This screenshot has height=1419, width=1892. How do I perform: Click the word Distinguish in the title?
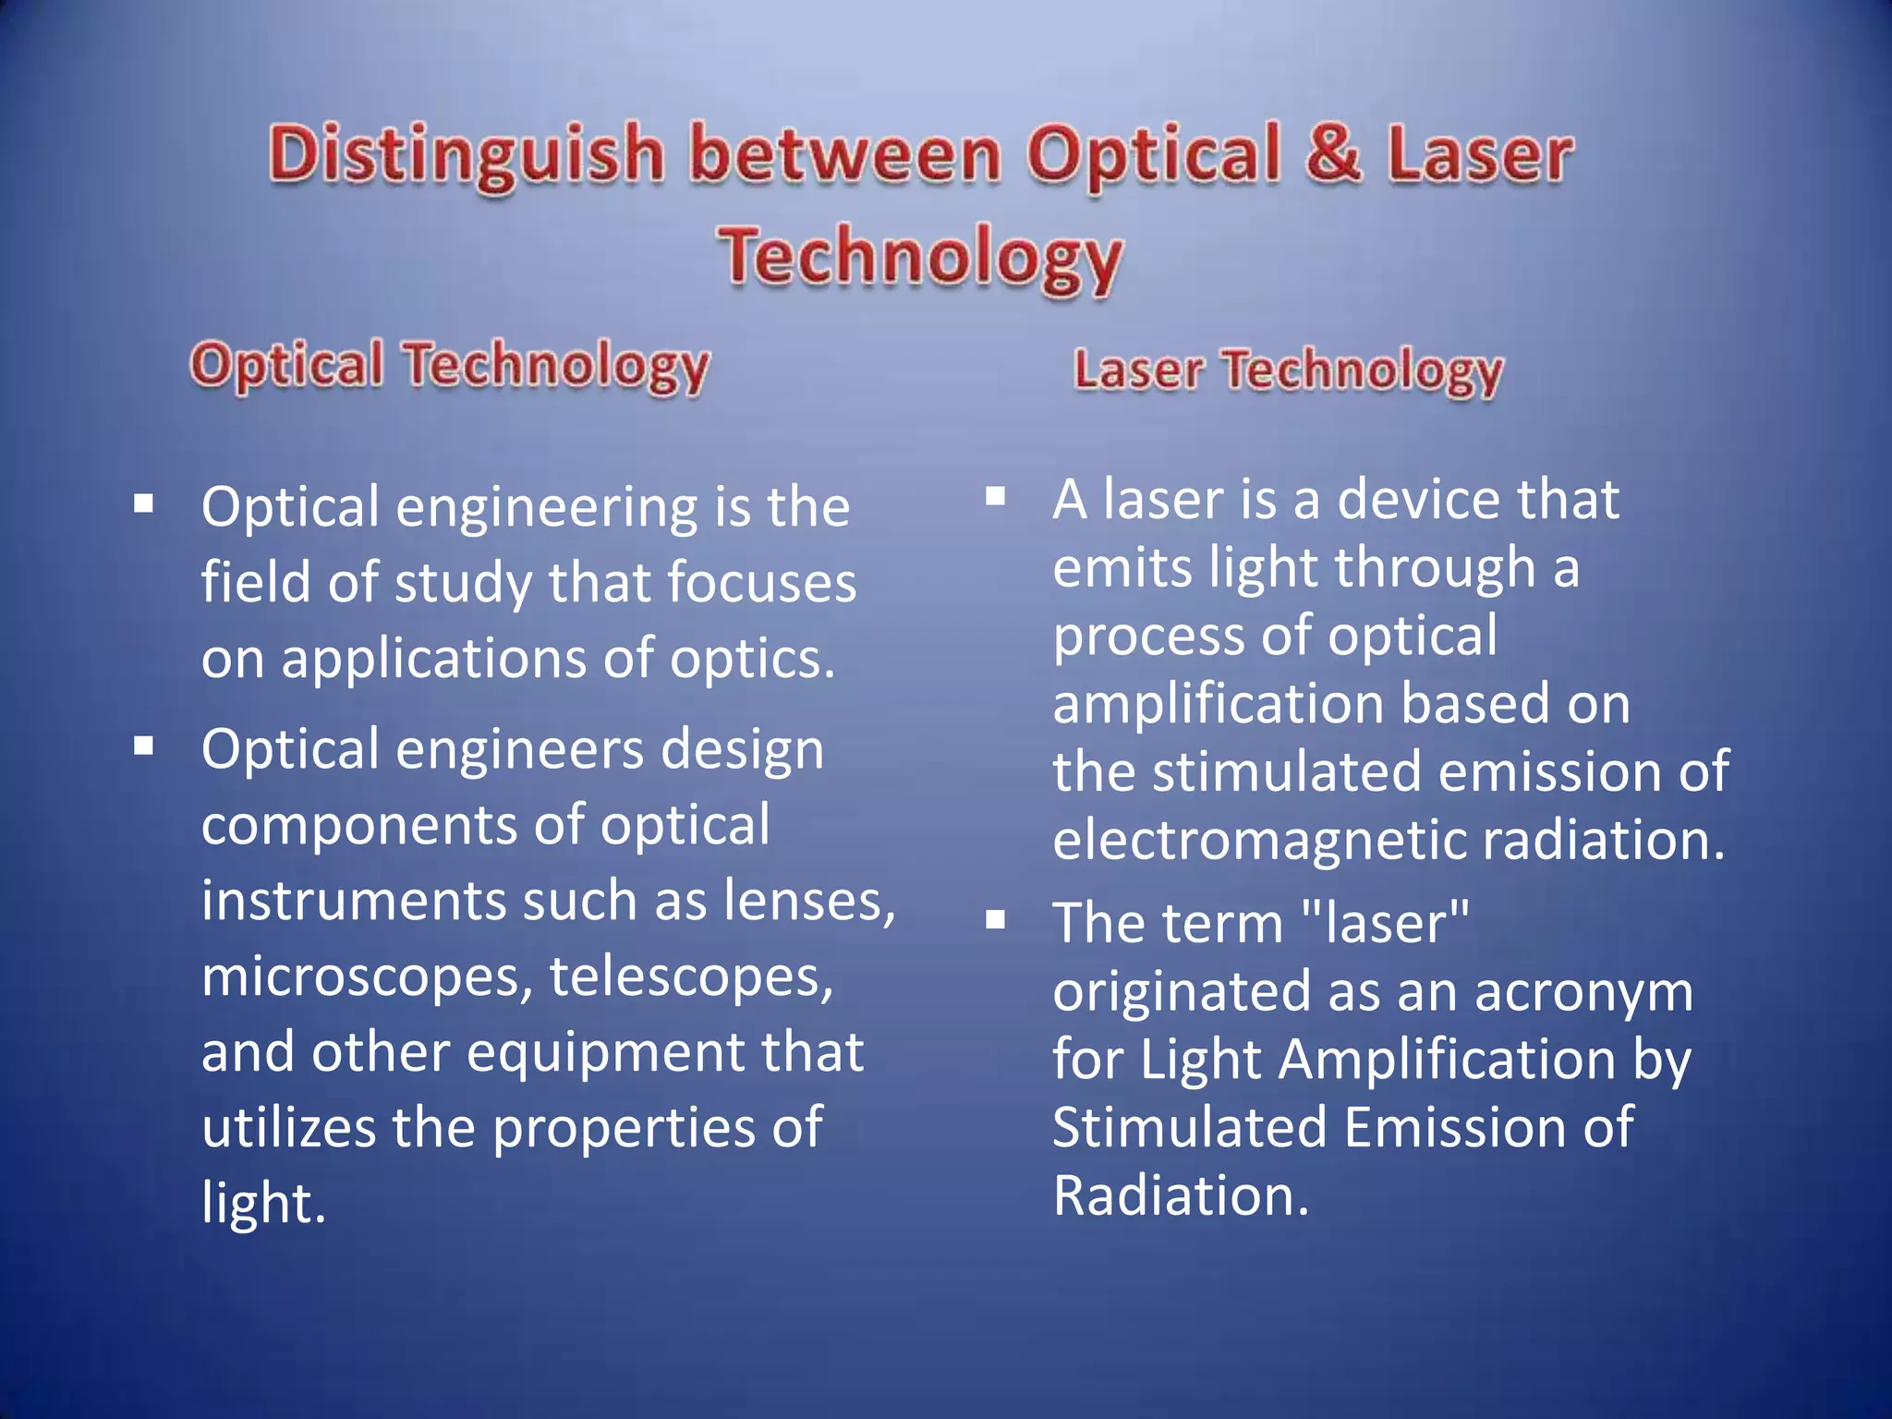(x=467, y=154)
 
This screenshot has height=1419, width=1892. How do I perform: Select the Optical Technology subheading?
(x=450, y=366)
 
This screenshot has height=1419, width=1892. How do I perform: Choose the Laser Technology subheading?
(x=1289, y=371)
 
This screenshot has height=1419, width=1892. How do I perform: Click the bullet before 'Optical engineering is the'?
(x=143, y=504)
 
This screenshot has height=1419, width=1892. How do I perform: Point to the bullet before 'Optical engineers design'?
(x=143, y=746)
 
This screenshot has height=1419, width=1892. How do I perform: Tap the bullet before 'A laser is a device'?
(x=995, y=497)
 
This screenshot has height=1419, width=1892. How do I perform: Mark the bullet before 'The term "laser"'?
(x=995, y=920)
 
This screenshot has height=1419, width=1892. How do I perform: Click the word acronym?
(x=1583, y=991)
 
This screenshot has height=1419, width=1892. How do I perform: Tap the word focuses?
(x=761, y=583)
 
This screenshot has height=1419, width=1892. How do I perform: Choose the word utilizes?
(x=288, y=1128)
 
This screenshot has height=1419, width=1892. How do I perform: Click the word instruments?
(x=353, y=901)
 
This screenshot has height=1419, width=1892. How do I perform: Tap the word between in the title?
(x=845, y=154)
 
